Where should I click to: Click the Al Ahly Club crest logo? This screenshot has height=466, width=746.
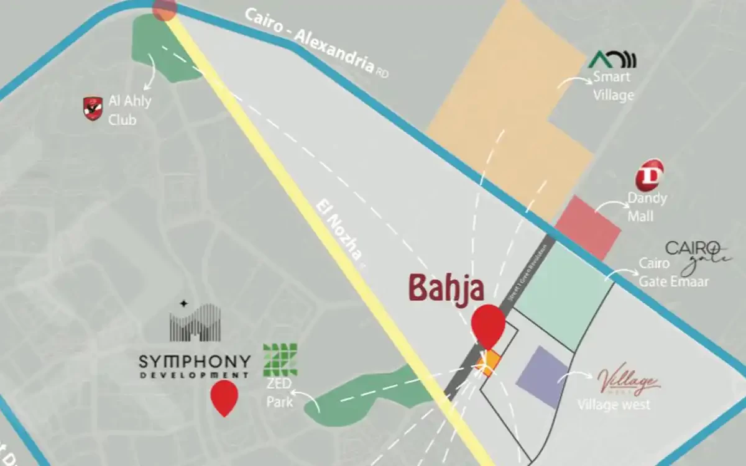tap(93, 108)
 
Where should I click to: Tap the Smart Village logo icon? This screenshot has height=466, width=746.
tap(612, 60)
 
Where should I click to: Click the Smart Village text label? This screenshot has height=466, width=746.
tap(613, 86)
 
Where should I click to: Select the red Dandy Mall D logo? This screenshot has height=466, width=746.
tap(649, 175)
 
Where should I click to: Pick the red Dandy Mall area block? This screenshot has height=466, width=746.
tap(587, 227)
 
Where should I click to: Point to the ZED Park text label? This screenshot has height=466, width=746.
tap(280, 394)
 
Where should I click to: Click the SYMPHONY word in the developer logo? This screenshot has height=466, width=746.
tap(195, 361)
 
